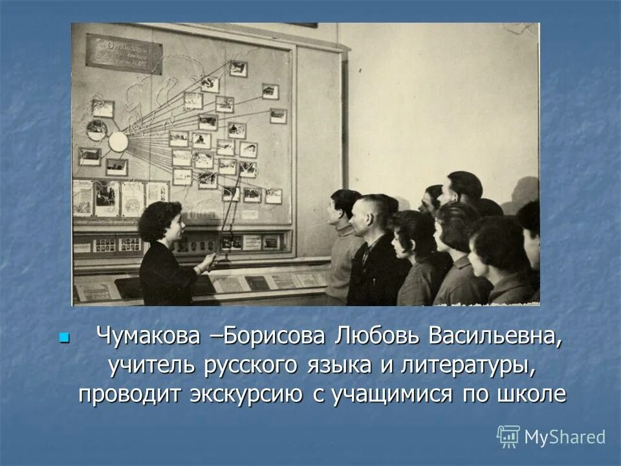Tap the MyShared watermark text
[x=565, y=437]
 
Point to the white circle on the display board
[x=118, y=141]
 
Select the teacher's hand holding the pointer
[x=207, y=262]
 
